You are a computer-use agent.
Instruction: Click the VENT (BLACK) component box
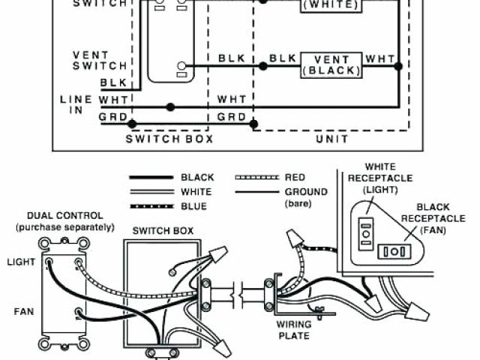(x=331, y=65)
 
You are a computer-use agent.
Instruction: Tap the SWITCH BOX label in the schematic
(x=169, y=139)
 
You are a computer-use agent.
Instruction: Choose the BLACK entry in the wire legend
(x=197, y=178)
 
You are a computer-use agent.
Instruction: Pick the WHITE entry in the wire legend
(x=197, y=192)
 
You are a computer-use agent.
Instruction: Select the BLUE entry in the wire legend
(x=194, y=206)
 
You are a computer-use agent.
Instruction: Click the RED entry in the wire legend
(x=295, y=178)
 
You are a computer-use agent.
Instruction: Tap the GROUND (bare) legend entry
(x=306, y=197)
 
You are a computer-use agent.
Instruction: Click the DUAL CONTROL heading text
(x=65, y=220)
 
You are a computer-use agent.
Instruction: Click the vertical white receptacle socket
(x=367, y=233)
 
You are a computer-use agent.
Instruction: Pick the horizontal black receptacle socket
(x=391, y=251)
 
